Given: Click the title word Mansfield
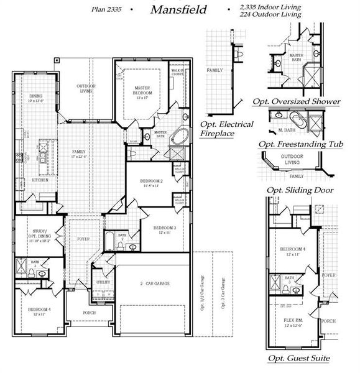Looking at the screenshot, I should click(x=178, y=10).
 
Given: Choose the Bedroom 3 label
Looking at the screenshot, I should click(x=165, y=230).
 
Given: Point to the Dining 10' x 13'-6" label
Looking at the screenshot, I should click(x=36, y=98).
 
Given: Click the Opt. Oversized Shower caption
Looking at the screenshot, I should click(x=296, y=101).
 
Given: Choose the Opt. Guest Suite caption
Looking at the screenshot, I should click(x=298, y=359).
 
